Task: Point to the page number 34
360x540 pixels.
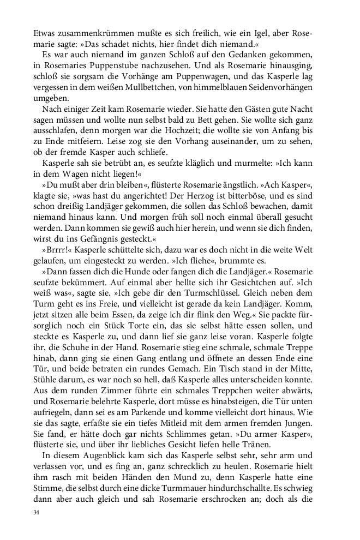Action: tap(37, 513)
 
